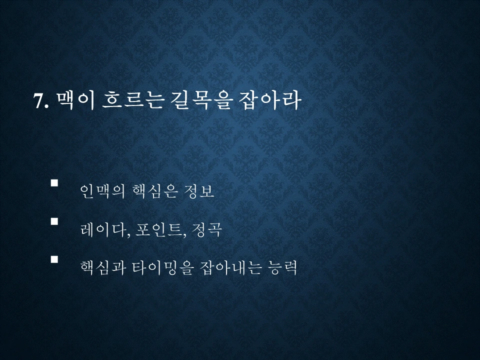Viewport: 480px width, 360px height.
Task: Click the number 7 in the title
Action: point(38,101)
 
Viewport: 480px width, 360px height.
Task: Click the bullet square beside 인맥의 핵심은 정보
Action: point(54,183)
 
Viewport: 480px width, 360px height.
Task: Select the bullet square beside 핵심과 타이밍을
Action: point(54,259)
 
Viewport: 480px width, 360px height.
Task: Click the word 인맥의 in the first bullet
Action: point(101,192)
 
